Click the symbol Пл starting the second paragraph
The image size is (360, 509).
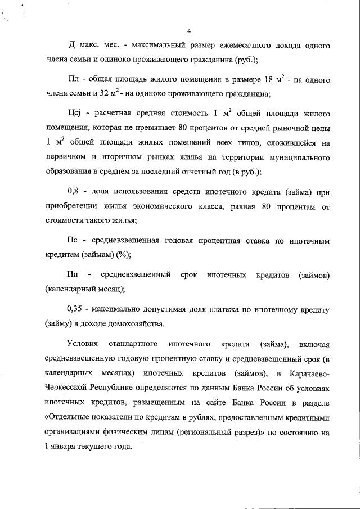tap(72, 80)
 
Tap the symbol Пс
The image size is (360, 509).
tap(72, 241)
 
